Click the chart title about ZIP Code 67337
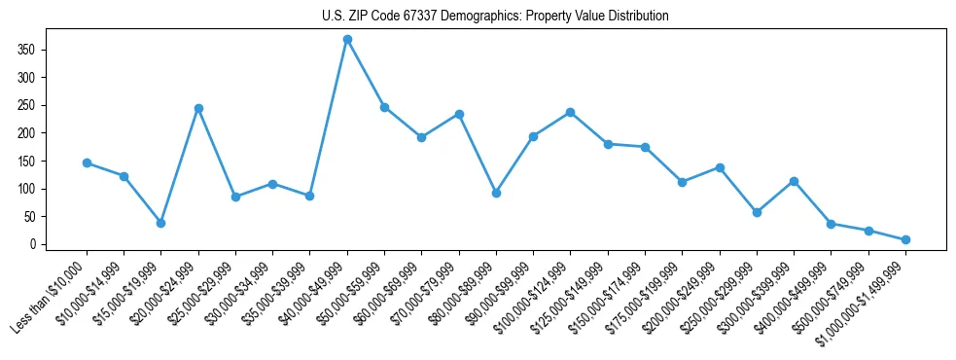(495, 17)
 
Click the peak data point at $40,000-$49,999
(347, 39)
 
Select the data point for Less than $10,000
(87, 162)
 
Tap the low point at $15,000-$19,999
(161, 223)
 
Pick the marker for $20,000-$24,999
(198, 108)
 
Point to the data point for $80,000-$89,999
(496, 193)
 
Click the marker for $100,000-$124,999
(570, 112)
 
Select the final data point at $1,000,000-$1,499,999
(905, 239)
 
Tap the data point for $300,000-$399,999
(794, 181)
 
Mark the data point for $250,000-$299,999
(757, 212)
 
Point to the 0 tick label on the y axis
(37, 244)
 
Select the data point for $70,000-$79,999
(459, 114)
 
